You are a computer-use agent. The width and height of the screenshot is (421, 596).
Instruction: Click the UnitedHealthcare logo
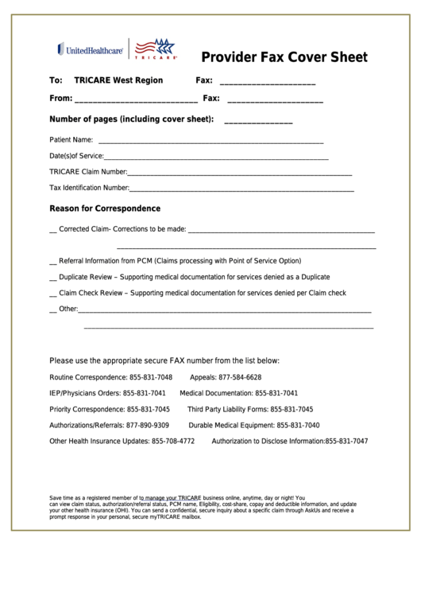pos(90,50)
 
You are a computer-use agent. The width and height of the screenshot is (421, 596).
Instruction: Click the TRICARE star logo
pos(155,49)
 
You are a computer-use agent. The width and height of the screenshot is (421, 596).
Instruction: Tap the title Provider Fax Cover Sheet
pos(284,57)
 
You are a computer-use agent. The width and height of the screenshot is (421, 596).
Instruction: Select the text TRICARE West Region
pos(118,80)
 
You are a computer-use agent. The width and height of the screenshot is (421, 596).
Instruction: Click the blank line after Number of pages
pos(258,121)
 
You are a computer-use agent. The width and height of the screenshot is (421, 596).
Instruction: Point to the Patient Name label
pos(71,140)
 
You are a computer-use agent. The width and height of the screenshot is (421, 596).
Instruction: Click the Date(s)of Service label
pos(76,156)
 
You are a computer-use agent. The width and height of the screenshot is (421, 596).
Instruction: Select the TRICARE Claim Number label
pos(88,172)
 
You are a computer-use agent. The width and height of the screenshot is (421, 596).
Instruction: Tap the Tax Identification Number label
pos(89,189)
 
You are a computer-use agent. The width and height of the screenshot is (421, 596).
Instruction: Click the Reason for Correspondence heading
pos(105,208)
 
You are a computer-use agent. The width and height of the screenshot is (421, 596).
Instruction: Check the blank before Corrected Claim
pos(52,231)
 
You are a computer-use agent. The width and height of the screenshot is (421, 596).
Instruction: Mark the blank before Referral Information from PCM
pos(52,262)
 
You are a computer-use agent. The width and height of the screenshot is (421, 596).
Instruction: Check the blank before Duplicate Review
pos(52,278)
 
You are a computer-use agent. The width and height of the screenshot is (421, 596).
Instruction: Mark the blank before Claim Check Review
pos(52,294)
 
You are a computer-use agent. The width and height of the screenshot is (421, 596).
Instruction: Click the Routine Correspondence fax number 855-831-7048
pos(151,377)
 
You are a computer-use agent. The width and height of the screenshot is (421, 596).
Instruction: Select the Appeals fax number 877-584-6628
pos(240,377)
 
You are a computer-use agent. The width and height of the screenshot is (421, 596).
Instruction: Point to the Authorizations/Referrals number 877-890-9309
pos(148,425)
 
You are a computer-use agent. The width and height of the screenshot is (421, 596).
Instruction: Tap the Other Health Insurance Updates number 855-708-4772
pos(173,441)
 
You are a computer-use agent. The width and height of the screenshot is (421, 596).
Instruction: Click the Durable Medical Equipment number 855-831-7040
pos(288,425)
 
